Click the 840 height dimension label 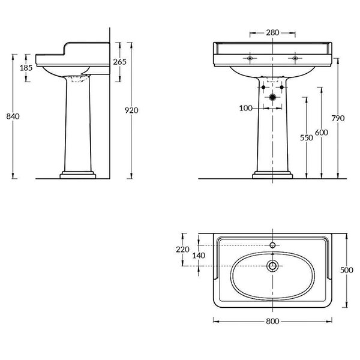tap(13, 116)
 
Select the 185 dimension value tap(26, 68)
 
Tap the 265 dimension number tap(120, 62)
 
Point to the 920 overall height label tap(131, 110)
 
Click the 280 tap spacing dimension tap(272, 33)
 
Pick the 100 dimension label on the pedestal tap(246, 108)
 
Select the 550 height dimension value tap(307, 138)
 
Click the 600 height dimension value tap(322, 133)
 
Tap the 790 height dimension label tap(338, 118)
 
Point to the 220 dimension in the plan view tap(183, 250)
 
